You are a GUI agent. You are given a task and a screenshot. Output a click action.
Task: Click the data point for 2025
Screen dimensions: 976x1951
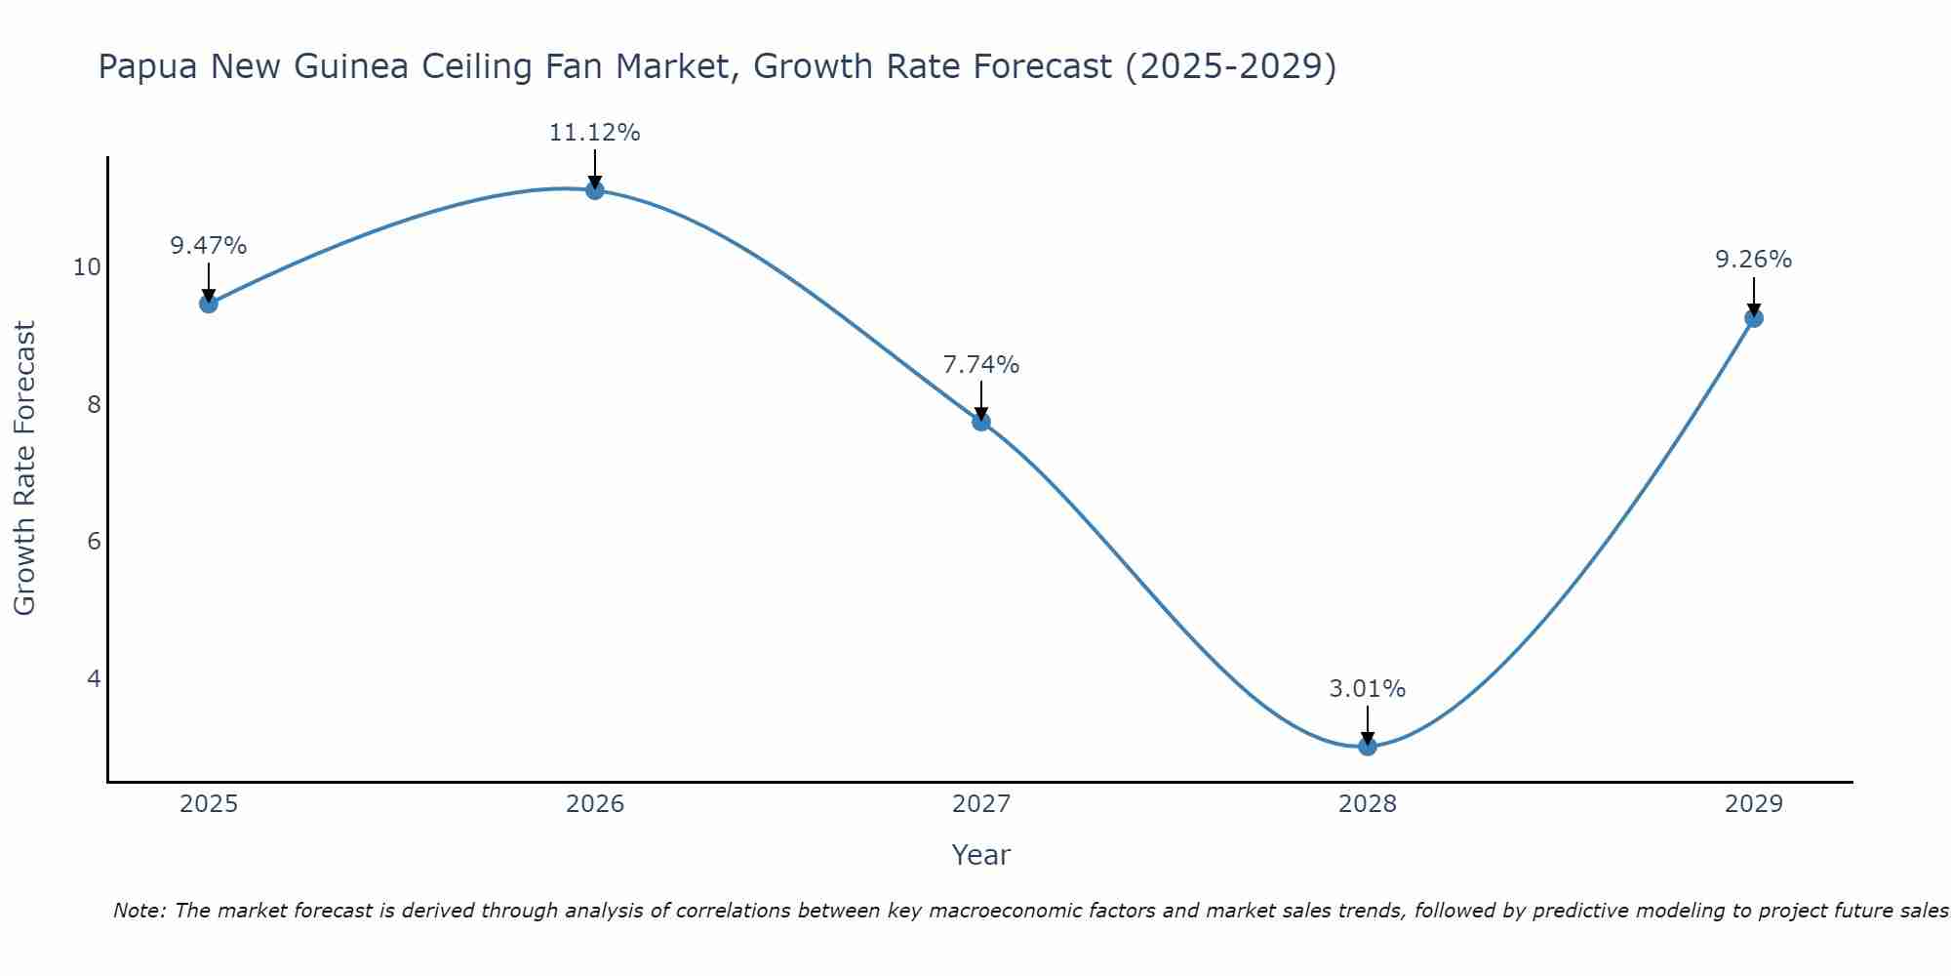pyautogui.click(x=209, y=304)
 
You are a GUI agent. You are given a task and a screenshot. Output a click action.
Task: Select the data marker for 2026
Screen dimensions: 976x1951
pyautogui.click(x=595, y=190)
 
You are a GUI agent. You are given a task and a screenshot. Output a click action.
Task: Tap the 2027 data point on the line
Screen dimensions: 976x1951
pyautogui.click(x=981, y=422)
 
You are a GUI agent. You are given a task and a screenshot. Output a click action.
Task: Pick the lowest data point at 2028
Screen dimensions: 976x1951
pyautogui.click(x=1368, y=747)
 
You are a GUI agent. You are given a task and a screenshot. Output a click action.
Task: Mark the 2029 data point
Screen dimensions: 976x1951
pyautogui.click(x=1754, y=318)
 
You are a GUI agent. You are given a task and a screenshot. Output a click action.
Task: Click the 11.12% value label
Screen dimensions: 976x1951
pyautogui.click(x=594, y=133)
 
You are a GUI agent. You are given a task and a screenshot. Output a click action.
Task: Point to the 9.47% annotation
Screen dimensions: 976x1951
pyautogui.click(x=209, y=246)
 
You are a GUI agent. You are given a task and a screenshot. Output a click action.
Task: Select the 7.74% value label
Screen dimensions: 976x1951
pyautogui.click(x=981, y=365)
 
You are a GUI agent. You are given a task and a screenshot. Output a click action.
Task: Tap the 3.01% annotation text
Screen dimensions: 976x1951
pyautogui.click(x=1368, y=689)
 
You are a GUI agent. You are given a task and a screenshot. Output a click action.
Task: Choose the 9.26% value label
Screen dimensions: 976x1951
pyautogui.click(x=1754, y=260)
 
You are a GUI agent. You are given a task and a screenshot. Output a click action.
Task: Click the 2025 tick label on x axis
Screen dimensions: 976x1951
pyautogui.click(x=209, y=804)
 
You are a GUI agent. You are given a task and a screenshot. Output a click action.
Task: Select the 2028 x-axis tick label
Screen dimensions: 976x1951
pyautogui.click(x=1368, y=804)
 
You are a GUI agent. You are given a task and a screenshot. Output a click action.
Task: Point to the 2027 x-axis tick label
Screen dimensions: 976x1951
pyautogui.click(x=981, y=804)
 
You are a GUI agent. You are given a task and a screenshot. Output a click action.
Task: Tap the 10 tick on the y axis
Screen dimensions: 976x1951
pyautogui.click(x=87, y=267)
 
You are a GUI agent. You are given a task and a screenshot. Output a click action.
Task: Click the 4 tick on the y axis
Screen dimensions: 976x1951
pyautogui.click(x=94, y=678)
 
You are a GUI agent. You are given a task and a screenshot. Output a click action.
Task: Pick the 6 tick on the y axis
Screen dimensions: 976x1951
pyautogui.click(x=94, y=542)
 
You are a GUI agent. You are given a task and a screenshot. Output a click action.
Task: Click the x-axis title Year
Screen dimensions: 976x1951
pyautogui.click(x=981, y=855)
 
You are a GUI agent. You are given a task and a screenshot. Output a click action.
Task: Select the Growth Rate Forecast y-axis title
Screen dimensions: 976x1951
pyautogui.click(x=25, y=468)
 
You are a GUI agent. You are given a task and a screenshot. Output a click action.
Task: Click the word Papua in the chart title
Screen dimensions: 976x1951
pyautogui.click(x=148, y=67)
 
